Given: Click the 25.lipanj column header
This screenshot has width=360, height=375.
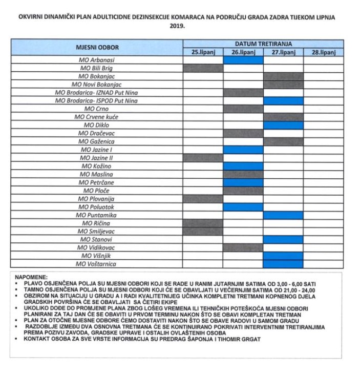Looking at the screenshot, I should pos(203,52).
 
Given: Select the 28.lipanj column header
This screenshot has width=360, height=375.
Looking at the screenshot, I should pos(323,52).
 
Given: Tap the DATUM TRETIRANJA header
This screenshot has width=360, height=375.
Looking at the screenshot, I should pos(263,45).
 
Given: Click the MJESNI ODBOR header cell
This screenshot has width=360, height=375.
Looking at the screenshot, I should pos(97,48).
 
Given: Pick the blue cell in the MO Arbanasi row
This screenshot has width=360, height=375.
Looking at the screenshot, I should pos(243,60).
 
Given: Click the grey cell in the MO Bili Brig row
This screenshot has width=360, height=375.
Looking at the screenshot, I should pos(203,68).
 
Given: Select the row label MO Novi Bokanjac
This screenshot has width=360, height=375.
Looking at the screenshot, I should pos(97,85).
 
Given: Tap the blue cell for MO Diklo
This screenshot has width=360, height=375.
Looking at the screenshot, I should pos(283,125).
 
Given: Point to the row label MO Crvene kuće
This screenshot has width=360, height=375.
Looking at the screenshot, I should pos(97,117).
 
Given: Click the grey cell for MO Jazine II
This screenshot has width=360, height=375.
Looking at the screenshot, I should pos(203,158).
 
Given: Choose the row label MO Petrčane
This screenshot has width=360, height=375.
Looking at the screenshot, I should pos(97,182).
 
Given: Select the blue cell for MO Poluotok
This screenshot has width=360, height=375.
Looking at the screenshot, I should pos(243,207).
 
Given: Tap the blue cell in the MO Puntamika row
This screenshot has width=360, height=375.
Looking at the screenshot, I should pos(283,215).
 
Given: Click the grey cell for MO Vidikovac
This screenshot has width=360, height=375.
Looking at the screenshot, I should pos(243,247).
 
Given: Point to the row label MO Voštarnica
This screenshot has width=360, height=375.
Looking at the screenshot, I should pos(97,264).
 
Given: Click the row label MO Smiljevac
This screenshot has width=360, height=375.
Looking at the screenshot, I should pos(97,231).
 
